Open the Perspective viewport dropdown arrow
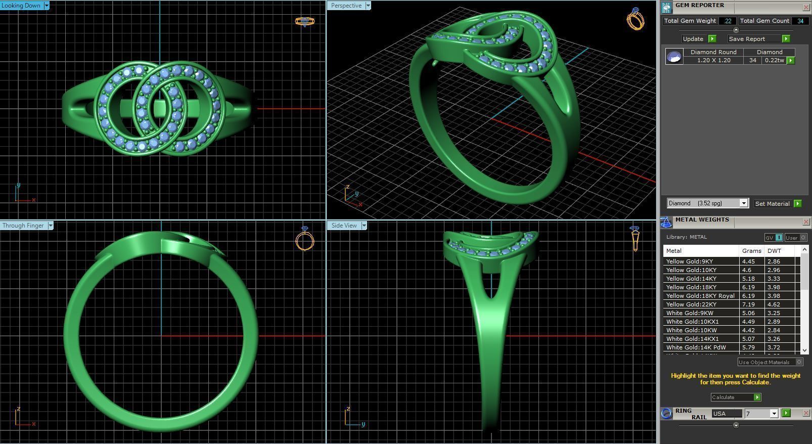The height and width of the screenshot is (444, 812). [x=368, y=6]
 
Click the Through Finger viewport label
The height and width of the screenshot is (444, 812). [x=23, y=226]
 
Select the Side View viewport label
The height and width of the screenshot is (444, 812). [x=344, y=226]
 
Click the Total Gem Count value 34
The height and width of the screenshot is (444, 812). [x=800, y=21]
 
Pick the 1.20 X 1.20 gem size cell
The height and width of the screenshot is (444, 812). [x=713, y=60]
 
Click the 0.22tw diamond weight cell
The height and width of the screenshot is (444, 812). [x=774, y=60]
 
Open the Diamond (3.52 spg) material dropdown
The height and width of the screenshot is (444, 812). [x=743, y=203]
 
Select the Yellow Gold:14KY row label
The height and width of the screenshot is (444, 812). [x=691, y=279]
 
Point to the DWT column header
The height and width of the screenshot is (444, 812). [x=774, y=251]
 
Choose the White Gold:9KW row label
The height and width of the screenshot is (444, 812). [x=690, y=313]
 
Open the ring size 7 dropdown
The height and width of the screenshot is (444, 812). [x=774, y=414]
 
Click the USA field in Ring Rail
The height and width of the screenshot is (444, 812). [x=726, y=414]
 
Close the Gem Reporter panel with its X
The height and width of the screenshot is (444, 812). [x=806, y=7]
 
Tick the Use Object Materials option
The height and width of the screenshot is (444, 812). [x=799, y=362]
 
